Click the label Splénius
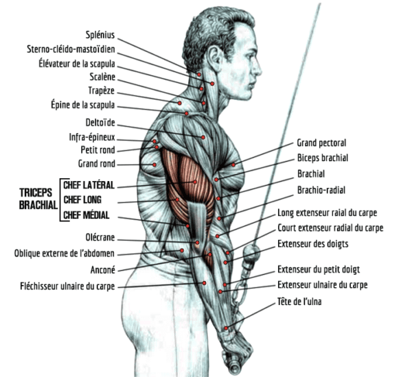coord(100,35)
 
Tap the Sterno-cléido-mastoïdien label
coord(71,49)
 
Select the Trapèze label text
coord(102,90)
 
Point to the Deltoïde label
coord(100,123)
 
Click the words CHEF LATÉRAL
coord(89,185)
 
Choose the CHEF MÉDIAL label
coord(87,215)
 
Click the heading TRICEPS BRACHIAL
coord(38,199)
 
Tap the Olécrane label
coord(100,237)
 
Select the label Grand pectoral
coord(321,143)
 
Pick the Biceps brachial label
coord(323,158)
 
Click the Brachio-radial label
coord(321,190)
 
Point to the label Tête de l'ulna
coord(299,302)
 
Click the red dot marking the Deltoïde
coord(203,137)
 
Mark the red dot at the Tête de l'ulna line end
coord(226,328)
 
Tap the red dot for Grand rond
coord(154,165)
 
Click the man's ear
coord(215,58)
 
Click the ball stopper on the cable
coord(252,253)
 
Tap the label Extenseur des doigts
coord(313,244)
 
